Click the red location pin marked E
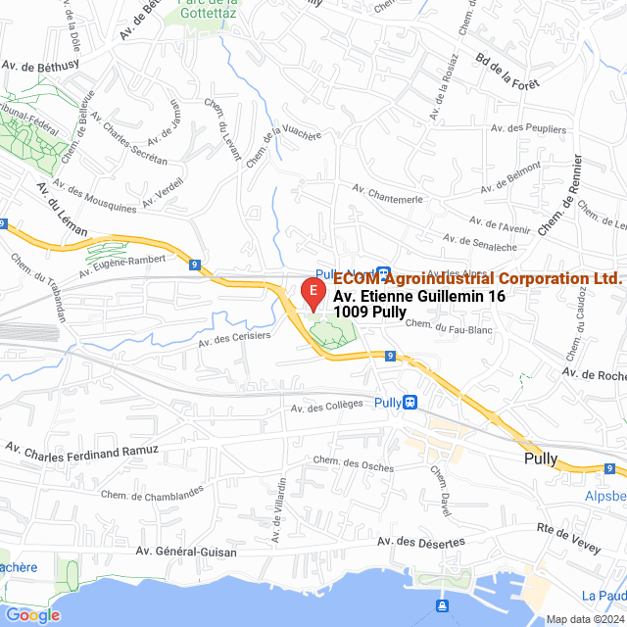tap(312, 292)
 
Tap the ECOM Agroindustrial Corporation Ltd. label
tap(478, 278)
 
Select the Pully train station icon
tap(410, 402)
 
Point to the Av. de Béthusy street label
tap(40, 68)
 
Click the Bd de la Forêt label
tap(507, 70)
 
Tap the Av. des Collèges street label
tap(327, 407)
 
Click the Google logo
tap(32, 615)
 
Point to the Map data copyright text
tap(584, 618)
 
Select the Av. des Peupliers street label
tap(531, 128)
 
